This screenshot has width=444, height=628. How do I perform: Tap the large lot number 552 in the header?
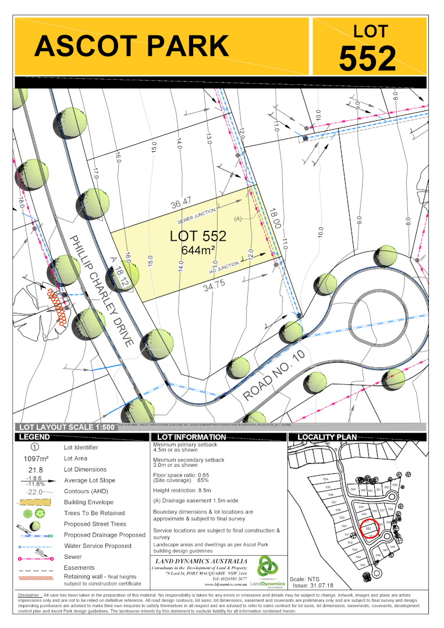(367, 58)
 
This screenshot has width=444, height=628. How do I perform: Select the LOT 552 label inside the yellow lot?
(198, 236)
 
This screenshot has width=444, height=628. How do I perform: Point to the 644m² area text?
(198, 250)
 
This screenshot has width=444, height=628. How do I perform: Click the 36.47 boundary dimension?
(181, 204)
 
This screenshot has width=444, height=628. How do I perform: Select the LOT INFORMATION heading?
(187, 437)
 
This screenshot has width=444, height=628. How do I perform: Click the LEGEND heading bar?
(34, 437)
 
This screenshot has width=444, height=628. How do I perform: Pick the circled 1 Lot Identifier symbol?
(34, 448)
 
